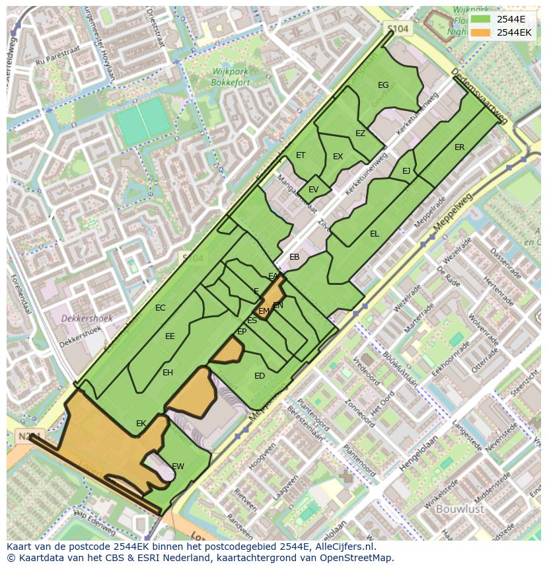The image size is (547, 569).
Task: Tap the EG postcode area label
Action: coord(383,85)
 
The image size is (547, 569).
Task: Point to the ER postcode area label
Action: coord(459,147)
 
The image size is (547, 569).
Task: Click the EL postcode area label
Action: coord(375,234)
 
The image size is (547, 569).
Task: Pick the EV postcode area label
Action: coord(313,190)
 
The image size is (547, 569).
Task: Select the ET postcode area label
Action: coord(301,155)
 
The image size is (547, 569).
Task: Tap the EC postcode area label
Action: coord(160,308)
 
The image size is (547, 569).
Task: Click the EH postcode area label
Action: coord(168,373)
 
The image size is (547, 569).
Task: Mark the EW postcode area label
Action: coord(178,466)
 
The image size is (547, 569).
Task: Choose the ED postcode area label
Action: coord(260,376)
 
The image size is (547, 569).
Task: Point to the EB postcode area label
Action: coord(294,257)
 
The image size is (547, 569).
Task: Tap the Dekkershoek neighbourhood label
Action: coord(87,319)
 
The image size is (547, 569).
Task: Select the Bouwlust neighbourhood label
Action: coord(460,509)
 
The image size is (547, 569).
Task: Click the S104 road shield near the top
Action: coord(398,28)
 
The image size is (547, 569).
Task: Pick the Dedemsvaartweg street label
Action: coord(479,96)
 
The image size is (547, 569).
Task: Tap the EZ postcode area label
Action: coord(360,133)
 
